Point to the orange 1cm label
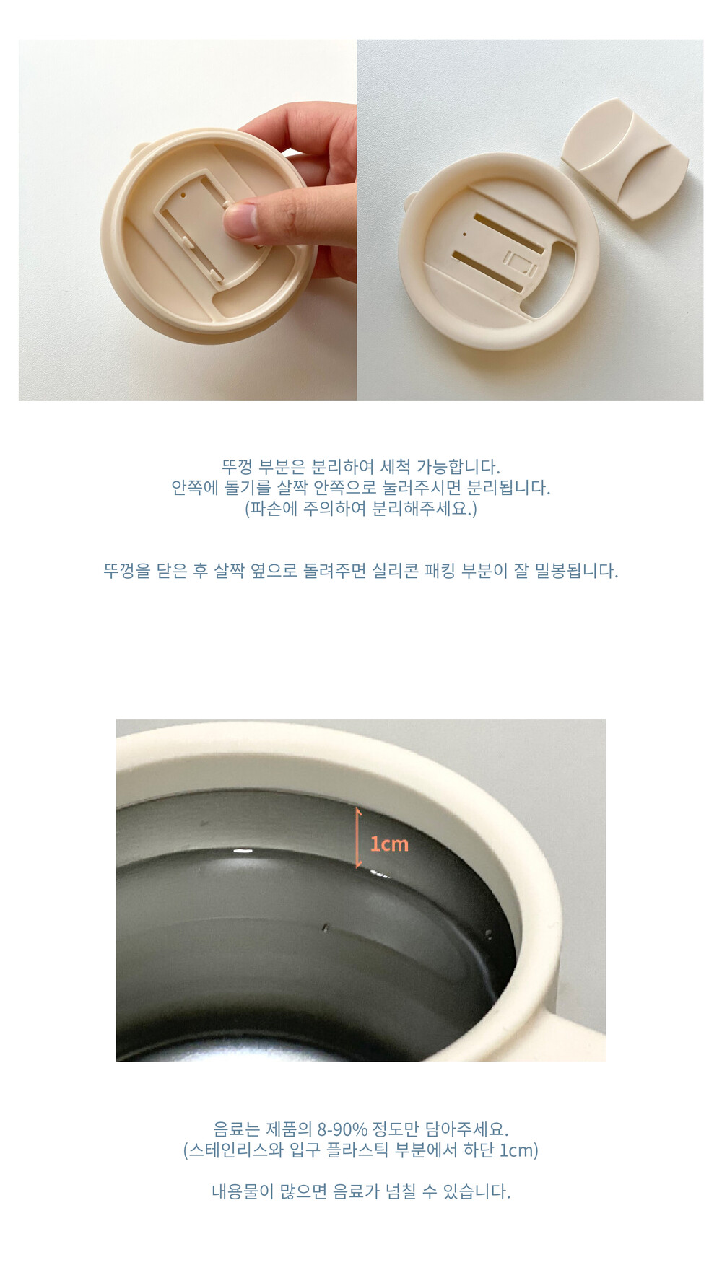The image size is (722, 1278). pos(389,844)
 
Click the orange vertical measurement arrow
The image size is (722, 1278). pos(358,838)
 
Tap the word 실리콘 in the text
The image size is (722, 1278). pos(396,571)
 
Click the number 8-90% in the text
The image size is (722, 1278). pos(342,1129)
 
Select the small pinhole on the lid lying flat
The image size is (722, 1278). pos(464,234)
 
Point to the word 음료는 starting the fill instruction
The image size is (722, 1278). pos(236,1129)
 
